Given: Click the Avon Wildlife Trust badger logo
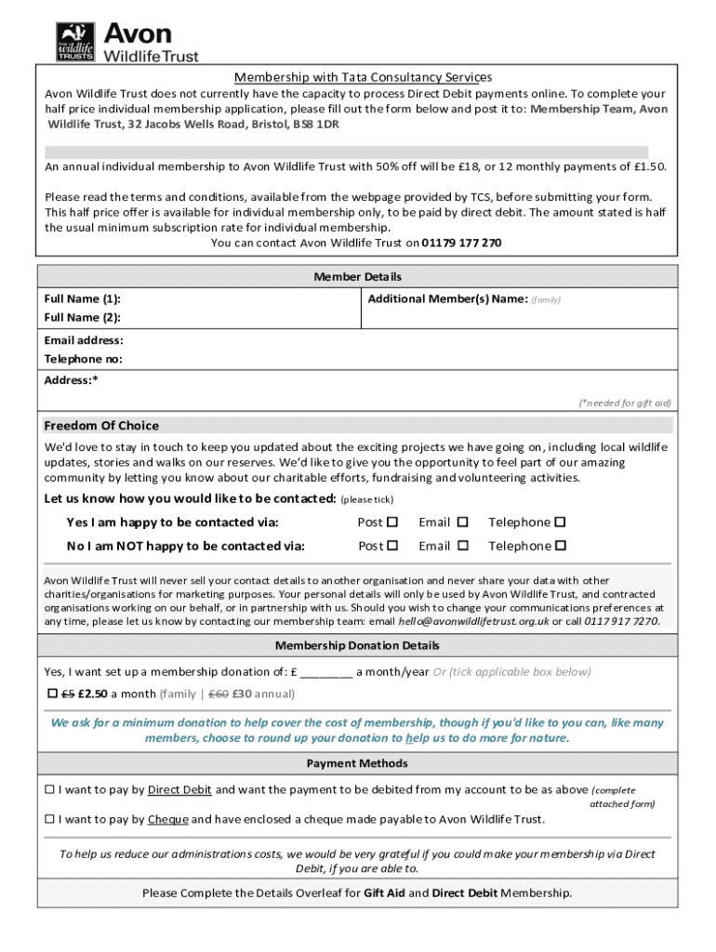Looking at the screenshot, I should click(x=75, y=42).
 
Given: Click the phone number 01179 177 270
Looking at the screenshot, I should click(x=461, y=243).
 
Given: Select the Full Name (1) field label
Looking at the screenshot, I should click(x=83, y=299).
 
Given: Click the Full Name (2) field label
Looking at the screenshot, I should click(x=83, y=318).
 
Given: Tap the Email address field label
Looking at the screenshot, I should click(x=84, y=341).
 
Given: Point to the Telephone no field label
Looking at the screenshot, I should click(x=84, y=360).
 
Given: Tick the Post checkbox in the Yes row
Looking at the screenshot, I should click(x=392, y=522).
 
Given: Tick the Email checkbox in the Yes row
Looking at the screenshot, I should click(x=462, y=522).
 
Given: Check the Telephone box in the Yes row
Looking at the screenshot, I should click(x=561, y=522).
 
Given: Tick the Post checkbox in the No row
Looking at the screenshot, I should click(x=392, y=546).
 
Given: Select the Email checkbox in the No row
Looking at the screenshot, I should click(x=462, y=546).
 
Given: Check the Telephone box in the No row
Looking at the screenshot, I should click(x=561, y=546).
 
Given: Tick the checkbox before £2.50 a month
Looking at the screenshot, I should click(x=52, y=694).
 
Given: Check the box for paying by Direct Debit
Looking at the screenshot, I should click(x=50, y=790).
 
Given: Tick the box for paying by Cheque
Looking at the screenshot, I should click(x=50, y=819).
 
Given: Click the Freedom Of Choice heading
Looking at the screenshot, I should click(x=101, y=426).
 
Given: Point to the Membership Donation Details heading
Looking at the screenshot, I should click(x=357, y=645).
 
